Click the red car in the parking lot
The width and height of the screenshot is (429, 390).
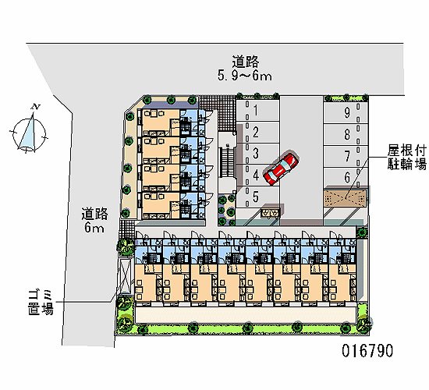(278, 169)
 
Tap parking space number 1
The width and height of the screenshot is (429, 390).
(254, 111)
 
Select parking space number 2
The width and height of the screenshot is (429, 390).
(254, 132)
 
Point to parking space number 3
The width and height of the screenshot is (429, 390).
(255, 153)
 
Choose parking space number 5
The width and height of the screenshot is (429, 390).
(255, 196)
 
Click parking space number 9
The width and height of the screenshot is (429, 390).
(346, 112)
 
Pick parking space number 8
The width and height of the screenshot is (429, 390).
(346, 134)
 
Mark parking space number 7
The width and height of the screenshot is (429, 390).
(346, 156)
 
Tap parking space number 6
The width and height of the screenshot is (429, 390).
(346, 178)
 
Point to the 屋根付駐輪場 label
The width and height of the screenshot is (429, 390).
(406, 157)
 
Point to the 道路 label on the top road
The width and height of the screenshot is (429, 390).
(244, 61)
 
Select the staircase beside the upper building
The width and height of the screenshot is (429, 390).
(227, 164)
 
